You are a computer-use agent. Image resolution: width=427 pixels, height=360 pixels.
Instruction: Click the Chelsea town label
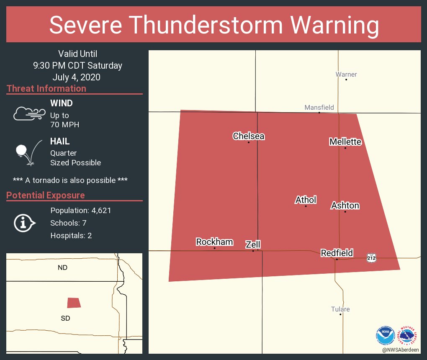click(x=249, y=136)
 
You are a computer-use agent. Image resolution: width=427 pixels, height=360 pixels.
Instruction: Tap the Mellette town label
click(x=345, y=142)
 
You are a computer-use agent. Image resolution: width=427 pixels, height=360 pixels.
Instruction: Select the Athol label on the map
click(x=306, y=200)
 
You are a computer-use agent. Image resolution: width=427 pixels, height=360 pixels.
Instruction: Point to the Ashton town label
click(x=345, y=206)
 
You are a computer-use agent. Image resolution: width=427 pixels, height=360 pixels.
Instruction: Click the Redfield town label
click(x=337, y=253)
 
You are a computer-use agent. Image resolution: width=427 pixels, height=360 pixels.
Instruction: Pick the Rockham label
click(x=214, y=242)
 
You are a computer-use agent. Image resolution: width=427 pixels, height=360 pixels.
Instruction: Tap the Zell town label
click(x=253, y=244)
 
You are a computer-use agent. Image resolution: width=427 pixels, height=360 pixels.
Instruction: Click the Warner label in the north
click(x=346, y=75)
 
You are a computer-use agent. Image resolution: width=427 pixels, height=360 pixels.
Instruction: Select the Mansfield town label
click(x=319, y=108)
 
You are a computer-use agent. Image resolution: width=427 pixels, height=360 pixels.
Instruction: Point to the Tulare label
click(x=340, y=309)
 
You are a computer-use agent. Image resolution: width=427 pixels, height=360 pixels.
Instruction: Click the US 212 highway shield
click(x=371, y=258)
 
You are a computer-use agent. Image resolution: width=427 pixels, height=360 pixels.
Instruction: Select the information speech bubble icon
click(x=24, y=223)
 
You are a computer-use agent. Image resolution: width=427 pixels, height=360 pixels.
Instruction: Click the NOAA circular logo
click(x=385, y=335)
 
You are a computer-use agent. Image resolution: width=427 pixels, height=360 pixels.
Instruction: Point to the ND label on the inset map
click(x=62, y=267)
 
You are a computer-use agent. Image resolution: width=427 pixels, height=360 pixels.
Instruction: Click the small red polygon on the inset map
click(x=74, y=303)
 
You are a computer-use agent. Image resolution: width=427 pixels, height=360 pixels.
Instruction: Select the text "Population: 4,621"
click(x=80, y=211)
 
